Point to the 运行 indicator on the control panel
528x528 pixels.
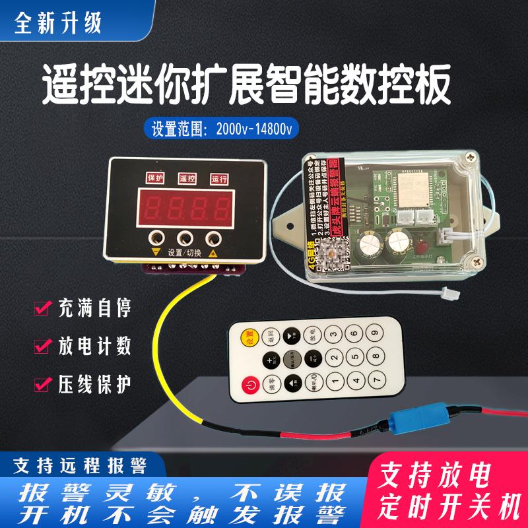[218, 178]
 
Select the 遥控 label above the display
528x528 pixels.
[187, 178]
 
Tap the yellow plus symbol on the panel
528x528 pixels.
[214, 252]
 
